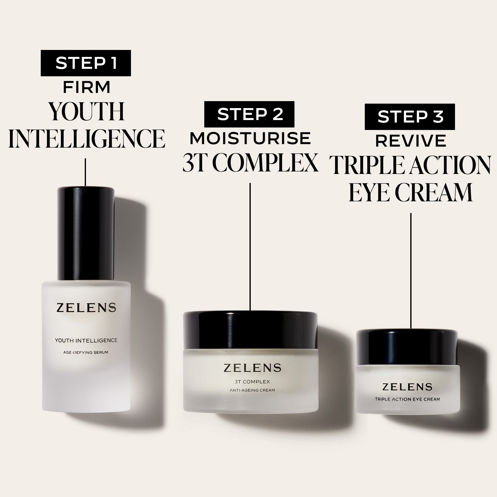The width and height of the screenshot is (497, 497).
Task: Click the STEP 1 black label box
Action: pyautogui.click(x=86, y=63)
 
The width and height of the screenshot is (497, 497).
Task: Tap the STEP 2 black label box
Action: pyautogui.click(x=249, y=114)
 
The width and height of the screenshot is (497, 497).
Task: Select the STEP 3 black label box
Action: pyautogui.click(x=410, y=117)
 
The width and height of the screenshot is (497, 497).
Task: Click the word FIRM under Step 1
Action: pyautogui.click(x=86, y=87)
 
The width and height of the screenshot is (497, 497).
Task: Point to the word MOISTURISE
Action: pyautogui.click(x=250, y=138)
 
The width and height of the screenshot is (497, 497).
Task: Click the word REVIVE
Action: pyautogui.click(x=411, y=141)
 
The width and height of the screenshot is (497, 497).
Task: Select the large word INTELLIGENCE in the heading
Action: pyautogui.click(x=86, y=139)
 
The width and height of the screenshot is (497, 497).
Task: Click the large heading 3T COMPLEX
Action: pyautogui.click(x=250, y=163)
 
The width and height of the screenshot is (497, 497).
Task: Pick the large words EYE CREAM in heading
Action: pyautogui.click(x=411, y=192)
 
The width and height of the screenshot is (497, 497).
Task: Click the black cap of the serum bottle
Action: pyautogui.click(x=86, y=233)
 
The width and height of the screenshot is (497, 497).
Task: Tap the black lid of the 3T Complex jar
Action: pyautogui.click(x=250, y=331)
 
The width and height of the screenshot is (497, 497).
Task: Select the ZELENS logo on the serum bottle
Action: pyautogui.click(x=86, y=308)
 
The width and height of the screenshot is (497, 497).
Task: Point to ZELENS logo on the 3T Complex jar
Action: pyautogui.click(x=252, y=368)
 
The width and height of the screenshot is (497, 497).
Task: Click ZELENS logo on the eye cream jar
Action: pyautogui.click(x=407, y=387)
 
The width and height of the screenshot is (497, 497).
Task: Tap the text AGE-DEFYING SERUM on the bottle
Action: pyautogui.click(x=86, y=352)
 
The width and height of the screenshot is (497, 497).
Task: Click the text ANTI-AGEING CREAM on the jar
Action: pyautogui.click(x=252, y=390)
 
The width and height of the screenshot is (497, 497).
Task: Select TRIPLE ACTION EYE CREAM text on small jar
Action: pyautogui.click(x=407, y=399)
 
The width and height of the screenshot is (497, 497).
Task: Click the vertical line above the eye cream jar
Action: pyautogui.click(x=411, y=270)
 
